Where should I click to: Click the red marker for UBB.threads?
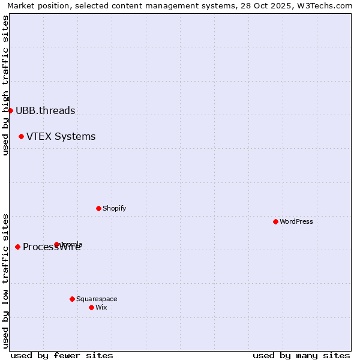pyautogui.click(x=10, y=110)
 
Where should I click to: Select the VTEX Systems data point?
pyautogui.click(x=21, y=137)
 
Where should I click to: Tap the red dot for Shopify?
pyautogui.click(x=98, y=208)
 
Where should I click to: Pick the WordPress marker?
pyautogui.click(x=275, y=221)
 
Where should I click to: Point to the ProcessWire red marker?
pyautogui.click(x=17, y=247)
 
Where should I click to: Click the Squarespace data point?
pyautogui.click(x=72, y=299)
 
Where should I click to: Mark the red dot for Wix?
pyautogui.click(x=91, y=307)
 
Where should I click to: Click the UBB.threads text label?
pyautogui.click(x=46, y=110)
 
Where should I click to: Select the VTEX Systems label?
pyautogui.click(x=61, y=137)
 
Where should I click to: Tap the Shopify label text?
pyautogui.click(x=114, y=208)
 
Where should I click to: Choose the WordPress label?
pyautogui.click(x=296, y=221)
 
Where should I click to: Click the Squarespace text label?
pyautogui.click(x=97, y=299)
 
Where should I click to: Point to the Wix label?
pyautogui.click(x=101, y=307)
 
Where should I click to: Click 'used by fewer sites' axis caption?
pyautogui.click(x=62, y=355)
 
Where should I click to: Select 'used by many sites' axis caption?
pyautogui.click(x=301, y=355)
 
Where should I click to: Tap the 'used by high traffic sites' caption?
pyautogui.click(x=6, y=85)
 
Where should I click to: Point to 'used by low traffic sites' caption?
pyautogui.click(x=6, y=281)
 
